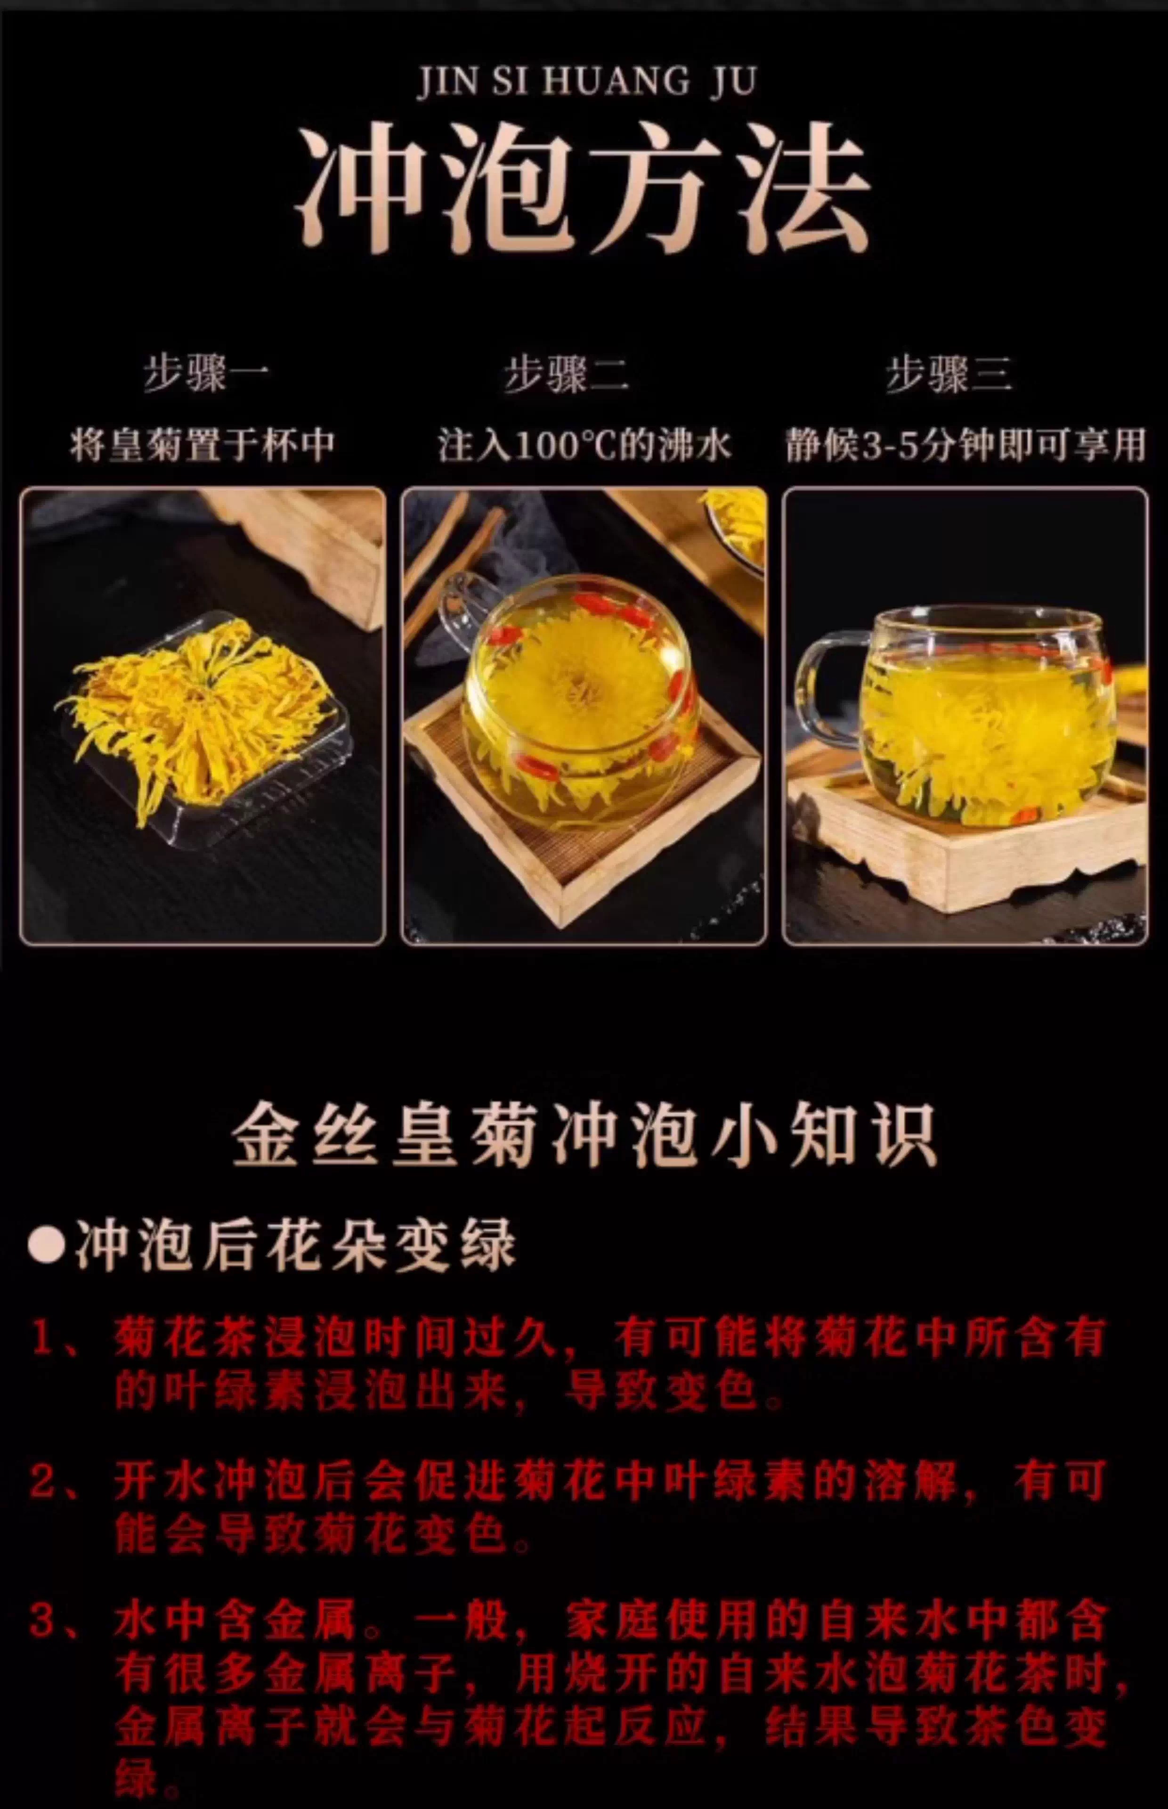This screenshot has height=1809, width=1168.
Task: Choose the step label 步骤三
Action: [949, 374]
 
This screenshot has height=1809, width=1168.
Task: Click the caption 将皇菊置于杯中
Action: [203, 444]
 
